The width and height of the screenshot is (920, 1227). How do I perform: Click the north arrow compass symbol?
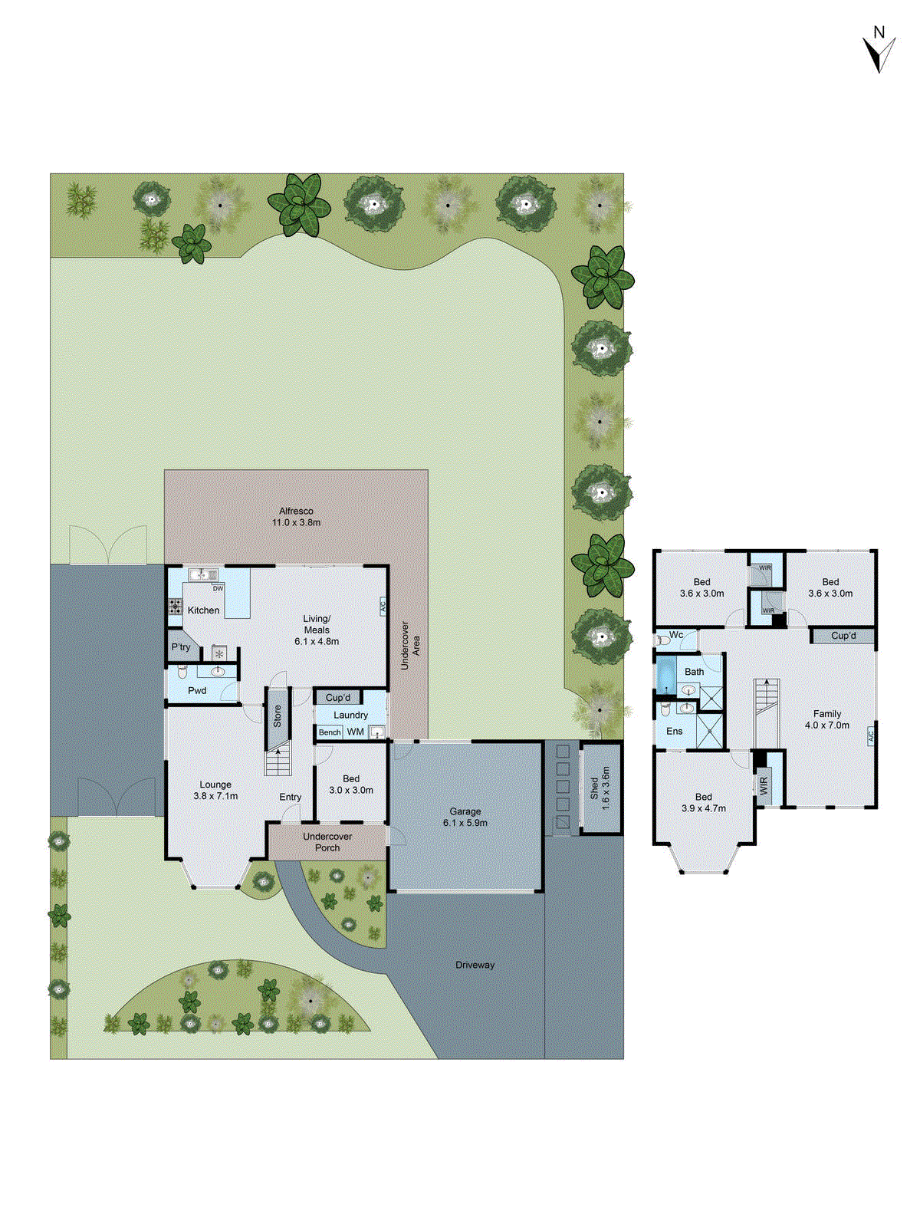(x=879, y=51)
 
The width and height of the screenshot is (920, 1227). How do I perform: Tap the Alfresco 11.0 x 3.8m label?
(x=296, y=517)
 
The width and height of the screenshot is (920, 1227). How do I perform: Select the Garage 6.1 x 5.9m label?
(x=465, y=817)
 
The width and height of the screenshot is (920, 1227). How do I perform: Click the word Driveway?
(x=475, y=965)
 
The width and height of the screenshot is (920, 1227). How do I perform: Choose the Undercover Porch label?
(x=327, y=842)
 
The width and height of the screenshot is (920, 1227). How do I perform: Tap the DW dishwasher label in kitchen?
(x=219, y=589)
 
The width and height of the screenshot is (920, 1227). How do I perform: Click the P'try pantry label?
(x=181, y=647)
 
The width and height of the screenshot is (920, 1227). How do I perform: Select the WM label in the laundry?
(x=356, y=732)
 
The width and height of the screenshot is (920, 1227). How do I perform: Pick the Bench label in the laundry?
(x=330, y=732)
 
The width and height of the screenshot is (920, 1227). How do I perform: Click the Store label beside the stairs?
(x=278, y=716)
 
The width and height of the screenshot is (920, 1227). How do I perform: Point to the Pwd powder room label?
(x=197, y=690)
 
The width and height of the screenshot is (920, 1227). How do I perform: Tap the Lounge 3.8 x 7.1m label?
(x=215, y=790)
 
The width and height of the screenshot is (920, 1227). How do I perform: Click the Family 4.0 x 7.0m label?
(x=827, y=719)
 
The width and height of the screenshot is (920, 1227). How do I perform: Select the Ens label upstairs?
(x=675, y=731)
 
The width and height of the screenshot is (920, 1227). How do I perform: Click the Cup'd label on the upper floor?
(x=843, y=636)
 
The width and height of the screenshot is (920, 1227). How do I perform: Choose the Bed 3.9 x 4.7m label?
(x=704, y=802)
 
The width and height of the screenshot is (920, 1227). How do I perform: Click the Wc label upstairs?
(x=676, y=635)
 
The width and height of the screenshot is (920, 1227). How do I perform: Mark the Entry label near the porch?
(x=291, y=798)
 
